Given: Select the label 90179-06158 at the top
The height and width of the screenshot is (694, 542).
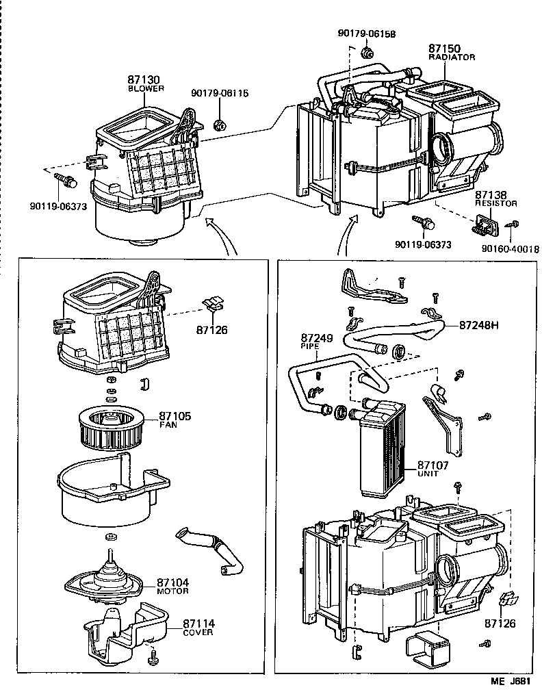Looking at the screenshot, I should (x=367, y=33).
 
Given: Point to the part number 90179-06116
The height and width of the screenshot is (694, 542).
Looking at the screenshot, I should (x=220, y=94).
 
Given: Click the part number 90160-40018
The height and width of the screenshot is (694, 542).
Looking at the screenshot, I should (x=510, y=249).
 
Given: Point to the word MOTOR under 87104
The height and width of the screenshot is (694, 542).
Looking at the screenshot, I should (x=172, y=591).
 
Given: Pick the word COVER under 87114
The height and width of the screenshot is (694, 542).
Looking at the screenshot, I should (x=198, y=632).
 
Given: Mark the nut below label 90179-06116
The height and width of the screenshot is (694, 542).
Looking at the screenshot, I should (x=220, y=125).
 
